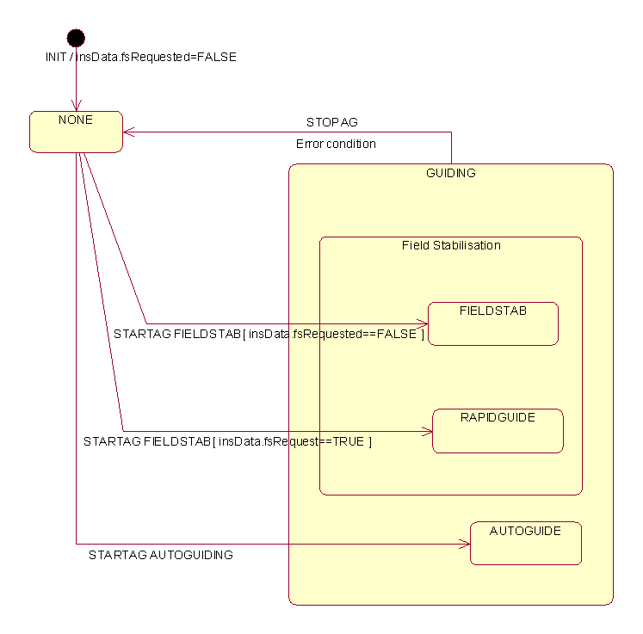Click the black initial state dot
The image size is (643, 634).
click(x=76, y=37)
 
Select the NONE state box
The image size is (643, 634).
click(x=76, y=132)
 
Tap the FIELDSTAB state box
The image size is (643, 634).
click(x=493, y=323)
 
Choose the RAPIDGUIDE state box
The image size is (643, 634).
click(x=498, y=430)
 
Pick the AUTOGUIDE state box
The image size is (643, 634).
click(x=525, y=543)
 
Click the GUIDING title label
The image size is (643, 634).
click(x=450, y=173)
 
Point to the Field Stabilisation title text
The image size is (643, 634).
click(x=451, y=245)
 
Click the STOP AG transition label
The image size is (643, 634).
click(x=331, y=122)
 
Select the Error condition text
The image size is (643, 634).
click(x=336, y=144)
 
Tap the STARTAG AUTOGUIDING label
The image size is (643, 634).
click(x=160, y=555)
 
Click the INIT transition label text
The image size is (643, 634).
click(x=140, y=57)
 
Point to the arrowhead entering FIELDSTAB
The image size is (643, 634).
click(x=423, y=323)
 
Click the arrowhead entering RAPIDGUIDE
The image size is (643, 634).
click(x=427, y=431)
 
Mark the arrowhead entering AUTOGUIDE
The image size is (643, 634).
click(x=465, y=544)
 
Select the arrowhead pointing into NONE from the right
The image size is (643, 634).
click(x=128, y=132)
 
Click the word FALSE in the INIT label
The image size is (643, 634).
click(x=216, y=57)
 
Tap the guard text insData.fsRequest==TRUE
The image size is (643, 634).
click(x=293, y=441)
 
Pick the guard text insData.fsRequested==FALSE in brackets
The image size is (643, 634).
click(x=333, y=334)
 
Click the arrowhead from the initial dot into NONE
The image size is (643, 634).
click(x=76, y=107)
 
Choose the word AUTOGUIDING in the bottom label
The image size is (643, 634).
click(x=191, y=555)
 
